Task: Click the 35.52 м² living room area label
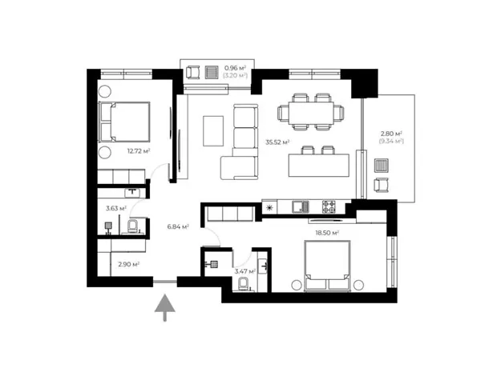(x=277, y=142)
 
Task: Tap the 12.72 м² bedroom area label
(x=139, y=151)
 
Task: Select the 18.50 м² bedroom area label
(x=327, y=233)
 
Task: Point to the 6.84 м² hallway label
(x=178, y=226)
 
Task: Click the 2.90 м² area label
(x=129, y=264)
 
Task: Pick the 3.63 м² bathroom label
(x=116, y=208)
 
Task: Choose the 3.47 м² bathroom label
(x=245, y=271)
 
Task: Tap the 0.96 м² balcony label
(x=235, y=68)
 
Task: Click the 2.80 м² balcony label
(x=391, y=134)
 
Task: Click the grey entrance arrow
(x=165, y=307)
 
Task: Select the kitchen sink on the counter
(x=300, y=207)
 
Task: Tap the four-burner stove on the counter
(x=329, y=207)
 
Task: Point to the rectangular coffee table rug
(x=213, y=131)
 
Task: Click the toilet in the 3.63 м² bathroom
(x=132, y=226)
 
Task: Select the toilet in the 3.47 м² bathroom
(x=244, y=284)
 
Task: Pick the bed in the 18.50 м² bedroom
(x=327, y=266)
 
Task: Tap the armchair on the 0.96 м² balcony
(x=192, y=72)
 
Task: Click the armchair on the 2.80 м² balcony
(x=381, y=185)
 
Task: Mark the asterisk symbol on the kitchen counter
(x=269, y=207)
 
